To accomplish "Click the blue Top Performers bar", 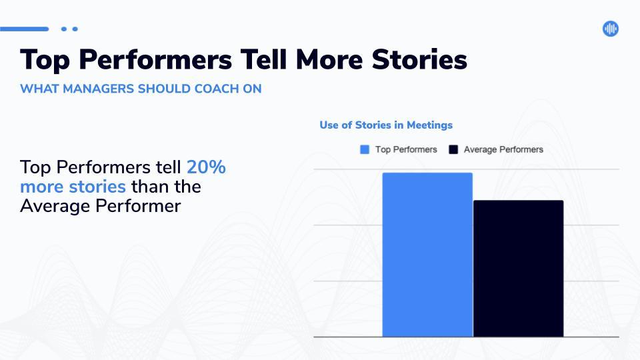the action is pyautogui.click(x=427, y=255).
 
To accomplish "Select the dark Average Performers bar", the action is pyautogui.click(x=519, y=269).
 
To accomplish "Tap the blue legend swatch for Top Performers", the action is pyautogui.click(x=365, y=149).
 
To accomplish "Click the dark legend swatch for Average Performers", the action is pyautogui.click(x=453, y=149).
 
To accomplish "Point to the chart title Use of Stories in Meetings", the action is pyautogui.click(x=386, y=125).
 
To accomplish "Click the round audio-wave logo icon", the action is pyautogui.click(x=610, y=29).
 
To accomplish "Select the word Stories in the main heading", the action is pyautogui.click(x=419, y=59).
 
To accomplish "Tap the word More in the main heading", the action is pyautogui.click(x=329, y=59).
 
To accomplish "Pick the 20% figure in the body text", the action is pyautogui.click(x=206, y=167).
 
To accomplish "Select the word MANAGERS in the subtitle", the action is pyautogui.click(x=99, y=89).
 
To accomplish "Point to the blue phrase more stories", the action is pyautogui.click(x=73, y=187).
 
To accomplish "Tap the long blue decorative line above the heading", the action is pyautogui.click(x=25, y=29).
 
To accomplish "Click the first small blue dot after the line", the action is pyautogui.click(x=64, y=29).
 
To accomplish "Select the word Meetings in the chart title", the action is pyautogui.click(x=430, y=125).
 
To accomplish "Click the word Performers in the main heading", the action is pyautogui.click(x=155, y=59).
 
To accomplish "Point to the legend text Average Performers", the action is pyautogui.click(x=503, y=149).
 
